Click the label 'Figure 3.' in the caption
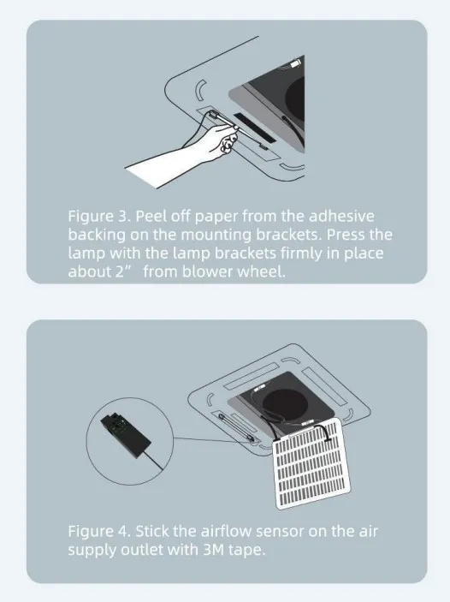pos(100,217)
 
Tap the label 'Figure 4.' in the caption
pos(100,532)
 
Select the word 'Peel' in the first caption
pos(151,216)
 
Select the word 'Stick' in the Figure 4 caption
pos(152,532)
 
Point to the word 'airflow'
pos(226,532)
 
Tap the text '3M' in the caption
pos(213,550)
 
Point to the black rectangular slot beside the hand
pos(253,127)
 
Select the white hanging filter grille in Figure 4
pos(311,463)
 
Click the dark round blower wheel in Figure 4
pos(285,404)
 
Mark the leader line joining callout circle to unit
pos(212,439)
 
